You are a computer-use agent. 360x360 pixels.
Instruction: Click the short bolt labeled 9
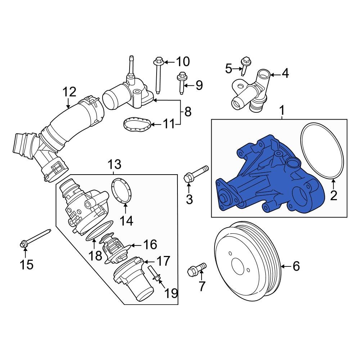pos(182,82)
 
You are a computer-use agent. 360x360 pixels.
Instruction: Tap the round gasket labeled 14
pos(120,190)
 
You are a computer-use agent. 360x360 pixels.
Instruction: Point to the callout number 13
pos(115,165)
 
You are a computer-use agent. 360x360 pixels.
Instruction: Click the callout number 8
pos(188,112)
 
